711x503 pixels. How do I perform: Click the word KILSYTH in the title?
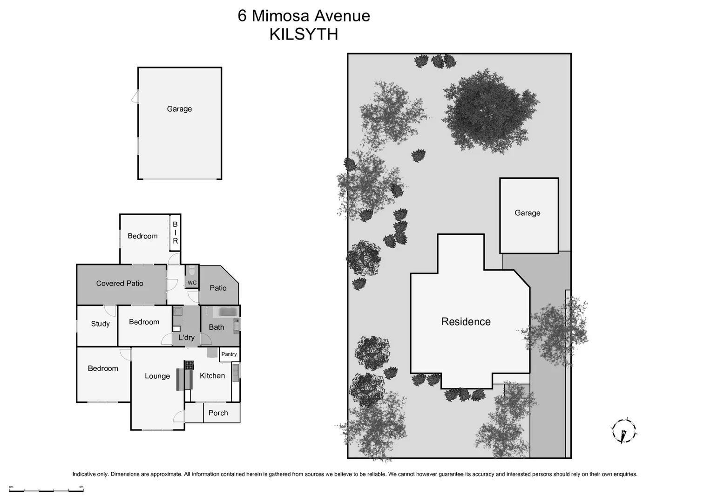pos(304,34)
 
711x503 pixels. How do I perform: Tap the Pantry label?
pos(229,354)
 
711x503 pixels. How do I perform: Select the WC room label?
pos(192,283)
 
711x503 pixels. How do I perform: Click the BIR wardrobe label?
pos(175,233)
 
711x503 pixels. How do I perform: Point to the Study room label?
pos(100,324)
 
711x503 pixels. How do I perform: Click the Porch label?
pos(218,413)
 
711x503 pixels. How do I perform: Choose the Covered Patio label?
pos(120,283)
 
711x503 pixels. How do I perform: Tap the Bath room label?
pos(216,327)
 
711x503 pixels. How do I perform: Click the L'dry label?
pos(186,337)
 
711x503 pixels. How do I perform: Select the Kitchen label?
pos(212,375)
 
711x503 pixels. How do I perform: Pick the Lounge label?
pos(157,376)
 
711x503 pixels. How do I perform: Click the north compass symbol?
pos(623,431)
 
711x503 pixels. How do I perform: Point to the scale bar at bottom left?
pos(46,489)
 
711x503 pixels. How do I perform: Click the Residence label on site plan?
pos(466,321)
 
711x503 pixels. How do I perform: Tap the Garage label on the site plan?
pos(527,213)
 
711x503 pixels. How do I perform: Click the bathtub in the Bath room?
pos(228,312)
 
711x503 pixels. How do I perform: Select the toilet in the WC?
pos(192,271)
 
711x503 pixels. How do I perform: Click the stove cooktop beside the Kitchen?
pos(189,365)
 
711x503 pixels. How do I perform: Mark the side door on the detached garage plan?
pos(135,97)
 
